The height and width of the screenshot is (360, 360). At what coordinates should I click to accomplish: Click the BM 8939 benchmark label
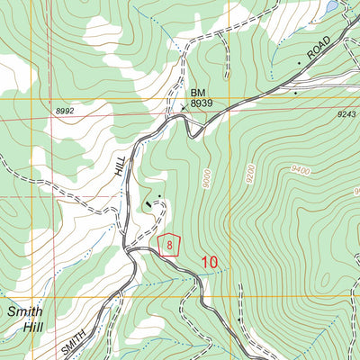[x=200, y=98]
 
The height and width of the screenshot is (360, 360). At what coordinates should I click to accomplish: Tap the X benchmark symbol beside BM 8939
[x=184, y=108]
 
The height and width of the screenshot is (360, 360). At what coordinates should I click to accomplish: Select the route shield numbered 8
[x=169, y=245]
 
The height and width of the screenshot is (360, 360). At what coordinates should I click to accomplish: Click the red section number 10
[x=210, y=262]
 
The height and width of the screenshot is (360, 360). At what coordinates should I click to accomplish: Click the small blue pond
[x=332, y=6]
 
